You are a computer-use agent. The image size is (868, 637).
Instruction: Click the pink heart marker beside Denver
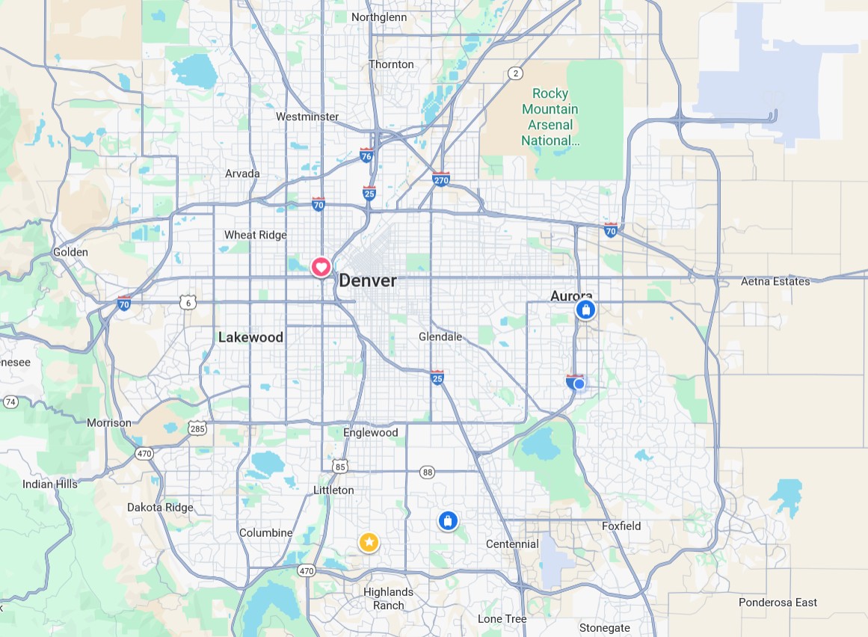321,266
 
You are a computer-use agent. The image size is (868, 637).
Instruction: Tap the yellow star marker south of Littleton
369,542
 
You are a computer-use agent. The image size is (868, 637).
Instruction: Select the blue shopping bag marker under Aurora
585,310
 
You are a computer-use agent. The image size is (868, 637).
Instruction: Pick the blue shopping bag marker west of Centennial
447,521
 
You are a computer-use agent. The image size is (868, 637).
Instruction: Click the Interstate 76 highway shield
366,156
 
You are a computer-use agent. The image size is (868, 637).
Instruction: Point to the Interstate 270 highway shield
441,179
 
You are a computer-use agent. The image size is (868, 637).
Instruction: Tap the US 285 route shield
197,428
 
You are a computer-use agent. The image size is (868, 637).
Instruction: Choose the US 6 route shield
187,302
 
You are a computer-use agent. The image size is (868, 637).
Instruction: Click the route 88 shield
427,472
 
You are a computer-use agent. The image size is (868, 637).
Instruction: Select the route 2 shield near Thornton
514,73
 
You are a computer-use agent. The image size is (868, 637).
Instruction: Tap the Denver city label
368,281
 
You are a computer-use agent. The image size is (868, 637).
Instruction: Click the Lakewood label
250,337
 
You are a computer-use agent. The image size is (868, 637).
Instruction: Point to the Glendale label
440,336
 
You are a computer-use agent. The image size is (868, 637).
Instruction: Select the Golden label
70,252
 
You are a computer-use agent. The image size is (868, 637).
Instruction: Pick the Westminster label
307,117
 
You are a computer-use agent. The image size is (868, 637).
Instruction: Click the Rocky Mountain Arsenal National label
550,117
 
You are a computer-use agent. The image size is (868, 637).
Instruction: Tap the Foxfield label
621,526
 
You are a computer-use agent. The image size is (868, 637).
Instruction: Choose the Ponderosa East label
778,602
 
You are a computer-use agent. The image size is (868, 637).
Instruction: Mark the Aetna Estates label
775,281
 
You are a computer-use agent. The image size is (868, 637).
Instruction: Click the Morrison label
108,422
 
